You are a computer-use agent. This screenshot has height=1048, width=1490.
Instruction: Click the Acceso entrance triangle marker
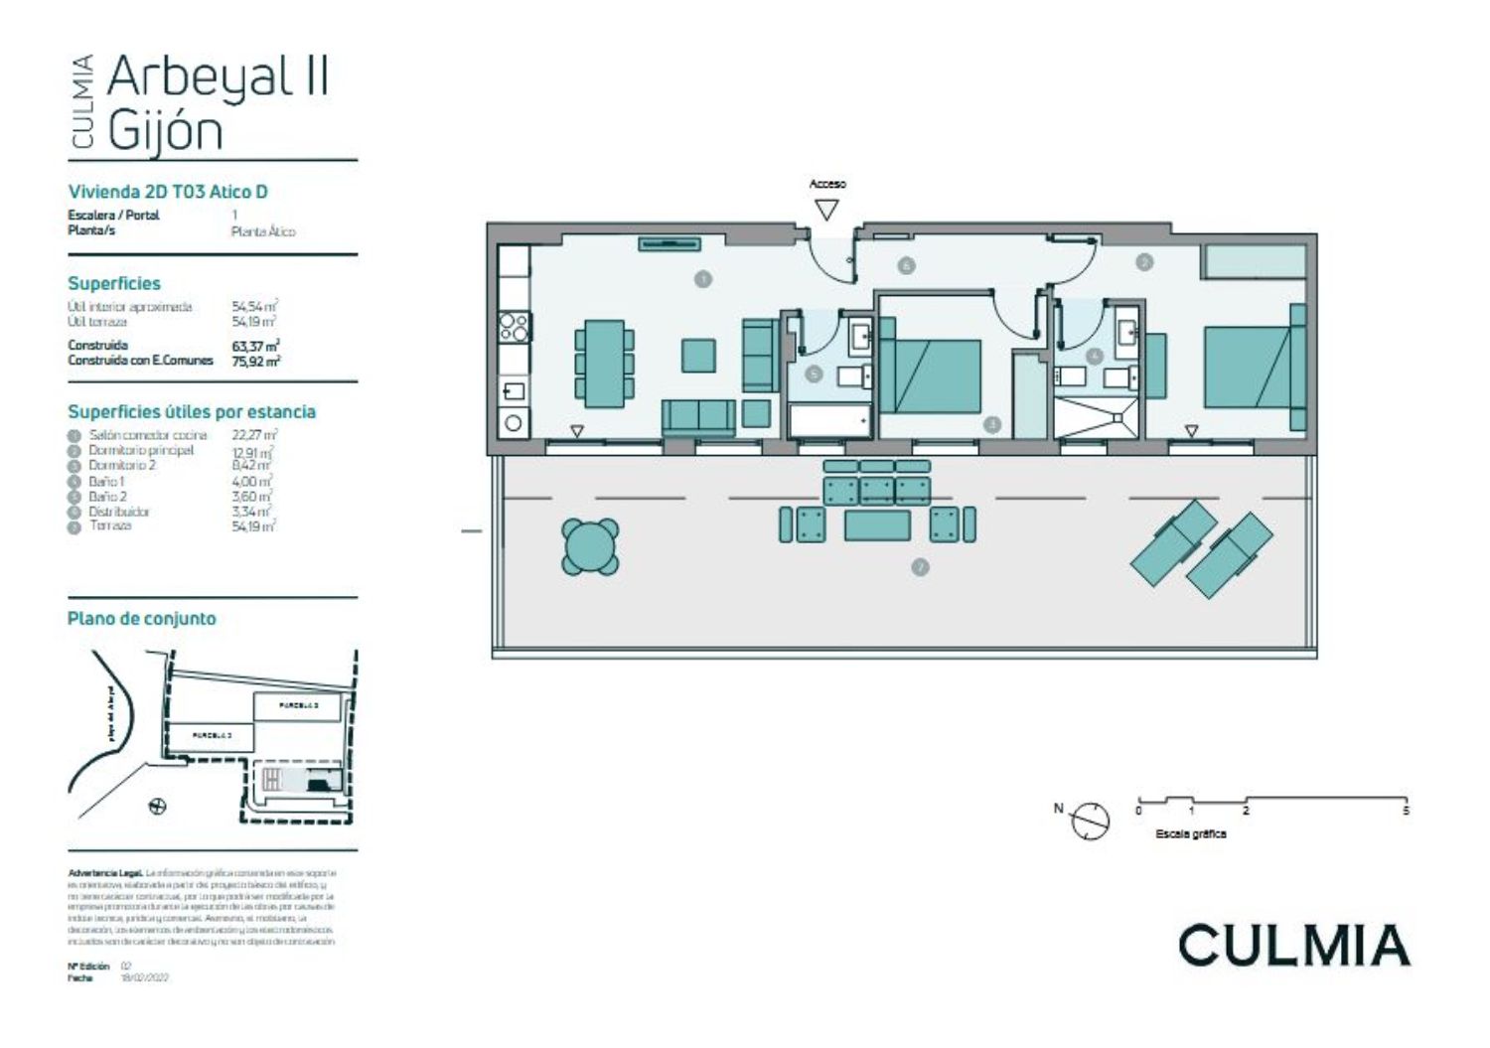pyautogui.click(x=826, y=210)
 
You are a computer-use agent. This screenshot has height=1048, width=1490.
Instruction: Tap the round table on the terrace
pyautogui.click(x=590, y=546)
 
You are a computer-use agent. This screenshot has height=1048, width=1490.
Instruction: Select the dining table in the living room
pyautogui.click(x=604, y=364)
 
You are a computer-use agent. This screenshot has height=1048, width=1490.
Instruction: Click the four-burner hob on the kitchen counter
pyautogui.click(x=514, y=327)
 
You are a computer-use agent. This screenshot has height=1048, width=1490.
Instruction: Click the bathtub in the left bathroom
pyautogui.click(x=828, y=420)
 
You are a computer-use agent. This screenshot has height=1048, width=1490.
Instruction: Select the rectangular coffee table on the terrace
pyautogui.click(x=877, y=524)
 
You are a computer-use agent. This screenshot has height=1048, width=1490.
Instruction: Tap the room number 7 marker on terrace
pyautogui.click(x=920, y=567)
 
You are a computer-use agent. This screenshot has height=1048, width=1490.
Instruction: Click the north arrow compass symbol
pyautogui.click(x=1091, y=821)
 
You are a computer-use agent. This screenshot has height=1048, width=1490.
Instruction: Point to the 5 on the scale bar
pyautogui.click(x=1406, y=811)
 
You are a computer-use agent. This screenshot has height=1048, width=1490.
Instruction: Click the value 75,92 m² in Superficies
pyautogui.click(x=255, y=361)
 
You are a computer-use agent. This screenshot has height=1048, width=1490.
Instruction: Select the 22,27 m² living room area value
pyautogui.click(x=254, y=435)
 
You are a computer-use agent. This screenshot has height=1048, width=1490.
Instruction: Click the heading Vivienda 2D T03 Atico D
pyautogui.click(x=168, y=192)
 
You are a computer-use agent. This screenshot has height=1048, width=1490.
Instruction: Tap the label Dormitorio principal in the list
pyautogui.click(x=141, y=450)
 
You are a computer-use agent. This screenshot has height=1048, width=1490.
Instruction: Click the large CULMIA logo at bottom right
pyautogui.click(x=1293, y=945)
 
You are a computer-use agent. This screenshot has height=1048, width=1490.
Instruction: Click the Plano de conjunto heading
pyautogui.click(x=141, y=618)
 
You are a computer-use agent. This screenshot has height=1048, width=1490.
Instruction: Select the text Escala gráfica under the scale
pyautogui.click(x=1190, y=833)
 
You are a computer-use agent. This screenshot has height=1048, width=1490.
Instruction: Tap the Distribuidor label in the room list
pyautogui.click(x=118, y=512)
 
